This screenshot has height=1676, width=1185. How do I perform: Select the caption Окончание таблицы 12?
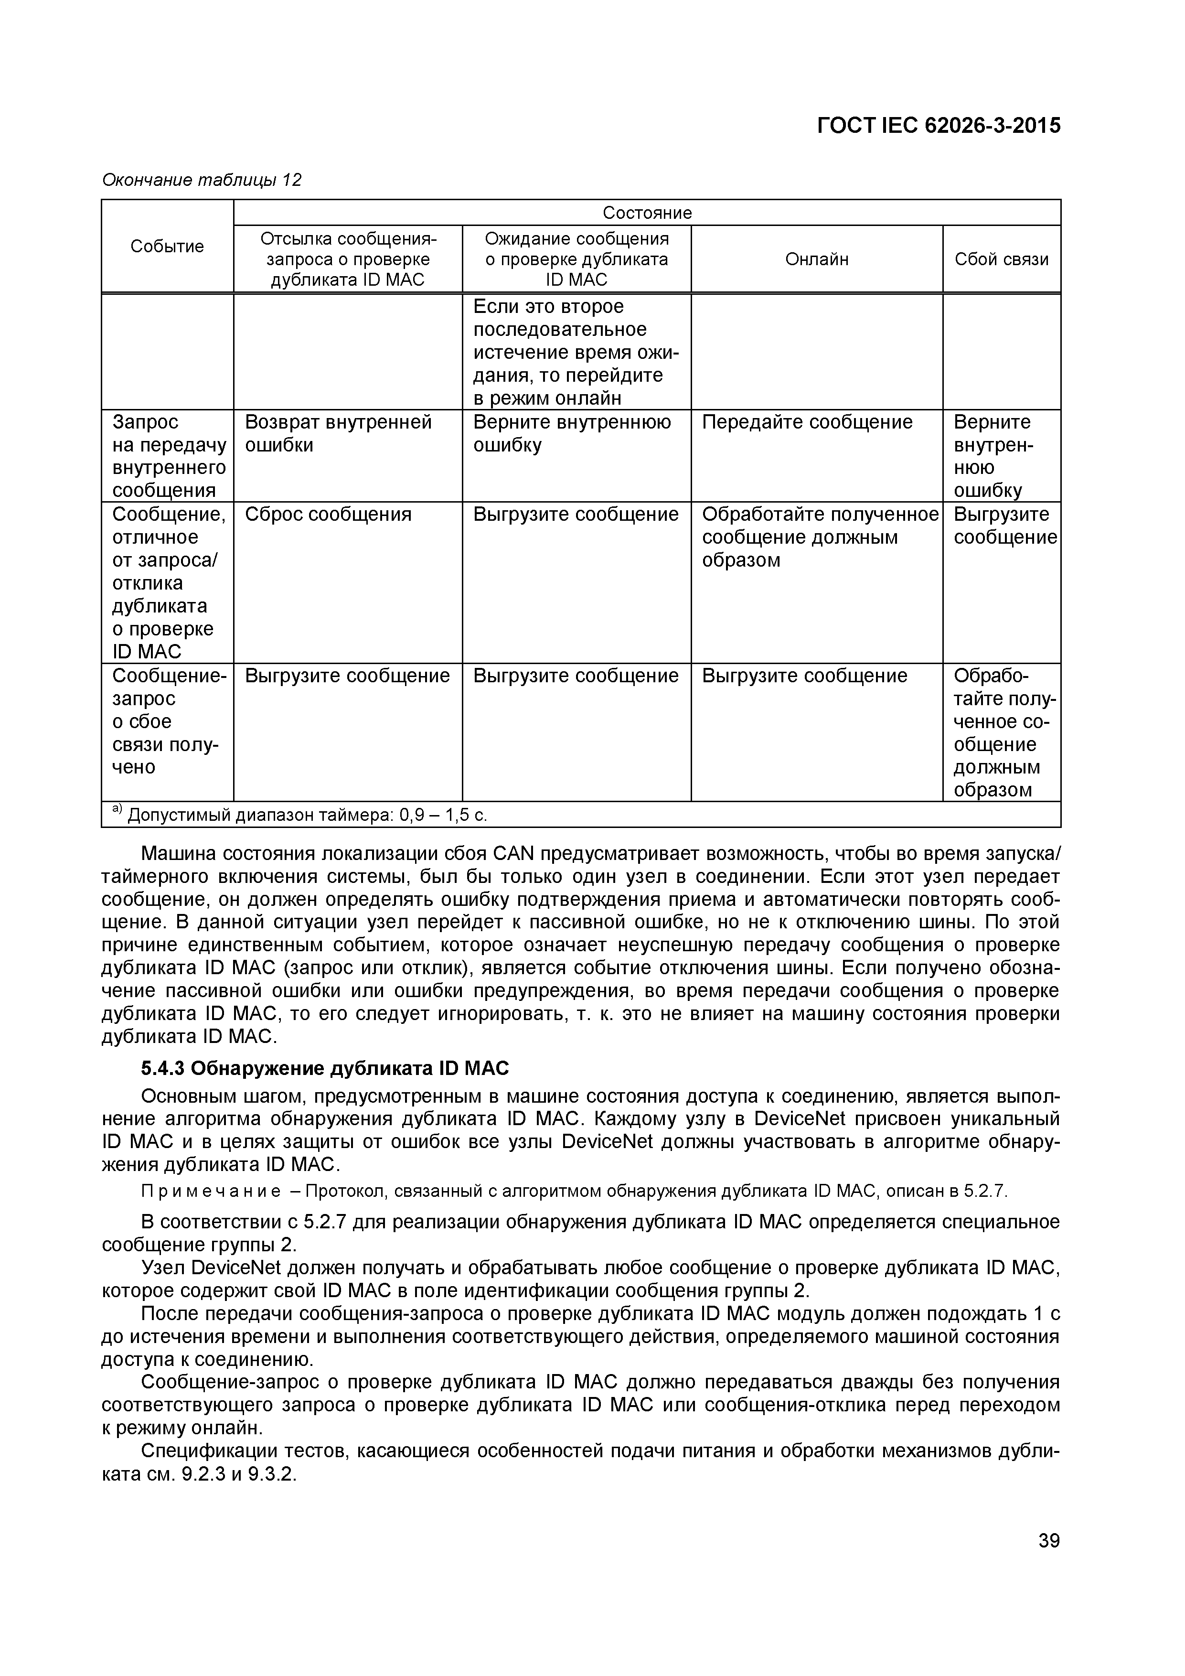(x=202, y=180)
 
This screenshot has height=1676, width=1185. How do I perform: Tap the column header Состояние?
(x=647, y=213)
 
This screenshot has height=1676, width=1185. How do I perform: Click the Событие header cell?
(x=167, y=246)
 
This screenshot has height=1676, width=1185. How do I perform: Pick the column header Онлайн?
(x=817, y=259)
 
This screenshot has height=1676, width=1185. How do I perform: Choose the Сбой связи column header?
(x=1001, y=259)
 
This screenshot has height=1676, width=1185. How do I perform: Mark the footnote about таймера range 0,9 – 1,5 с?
(x=300, y=815)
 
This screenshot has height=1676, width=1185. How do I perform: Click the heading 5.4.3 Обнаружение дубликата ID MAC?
(x=325, y=1069)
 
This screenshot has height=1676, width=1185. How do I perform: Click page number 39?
(x=1048, y=1540)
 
